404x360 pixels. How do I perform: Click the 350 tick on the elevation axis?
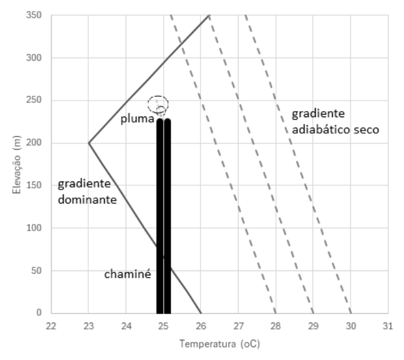click(34, 15)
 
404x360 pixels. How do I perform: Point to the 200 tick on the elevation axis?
click(34, 142)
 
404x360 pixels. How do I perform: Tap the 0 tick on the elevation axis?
click(39, 313)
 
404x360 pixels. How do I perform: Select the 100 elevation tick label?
click(34, 228)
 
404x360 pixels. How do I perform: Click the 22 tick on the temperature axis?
click(51, 326)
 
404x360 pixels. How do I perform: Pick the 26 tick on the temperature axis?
click(201, 326)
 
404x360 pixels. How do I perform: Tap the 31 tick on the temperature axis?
click(388, 326)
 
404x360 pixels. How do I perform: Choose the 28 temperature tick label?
click(276, 326)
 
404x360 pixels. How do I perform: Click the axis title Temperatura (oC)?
click(219, 344)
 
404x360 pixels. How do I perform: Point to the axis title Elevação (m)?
click(17, 164)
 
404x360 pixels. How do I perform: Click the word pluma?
click(137, 119)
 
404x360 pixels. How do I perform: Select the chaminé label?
click(128, 274)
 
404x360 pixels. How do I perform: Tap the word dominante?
click(87, 200)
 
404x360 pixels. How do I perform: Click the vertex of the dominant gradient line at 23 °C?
click(89, 143)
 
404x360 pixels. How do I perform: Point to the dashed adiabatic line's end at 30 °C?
click(351, 313)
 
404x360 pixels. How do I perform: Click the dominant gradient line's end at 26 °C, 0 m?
click(201, 313)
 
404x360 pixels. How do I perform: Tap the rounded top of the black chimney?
click(164, 120)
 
